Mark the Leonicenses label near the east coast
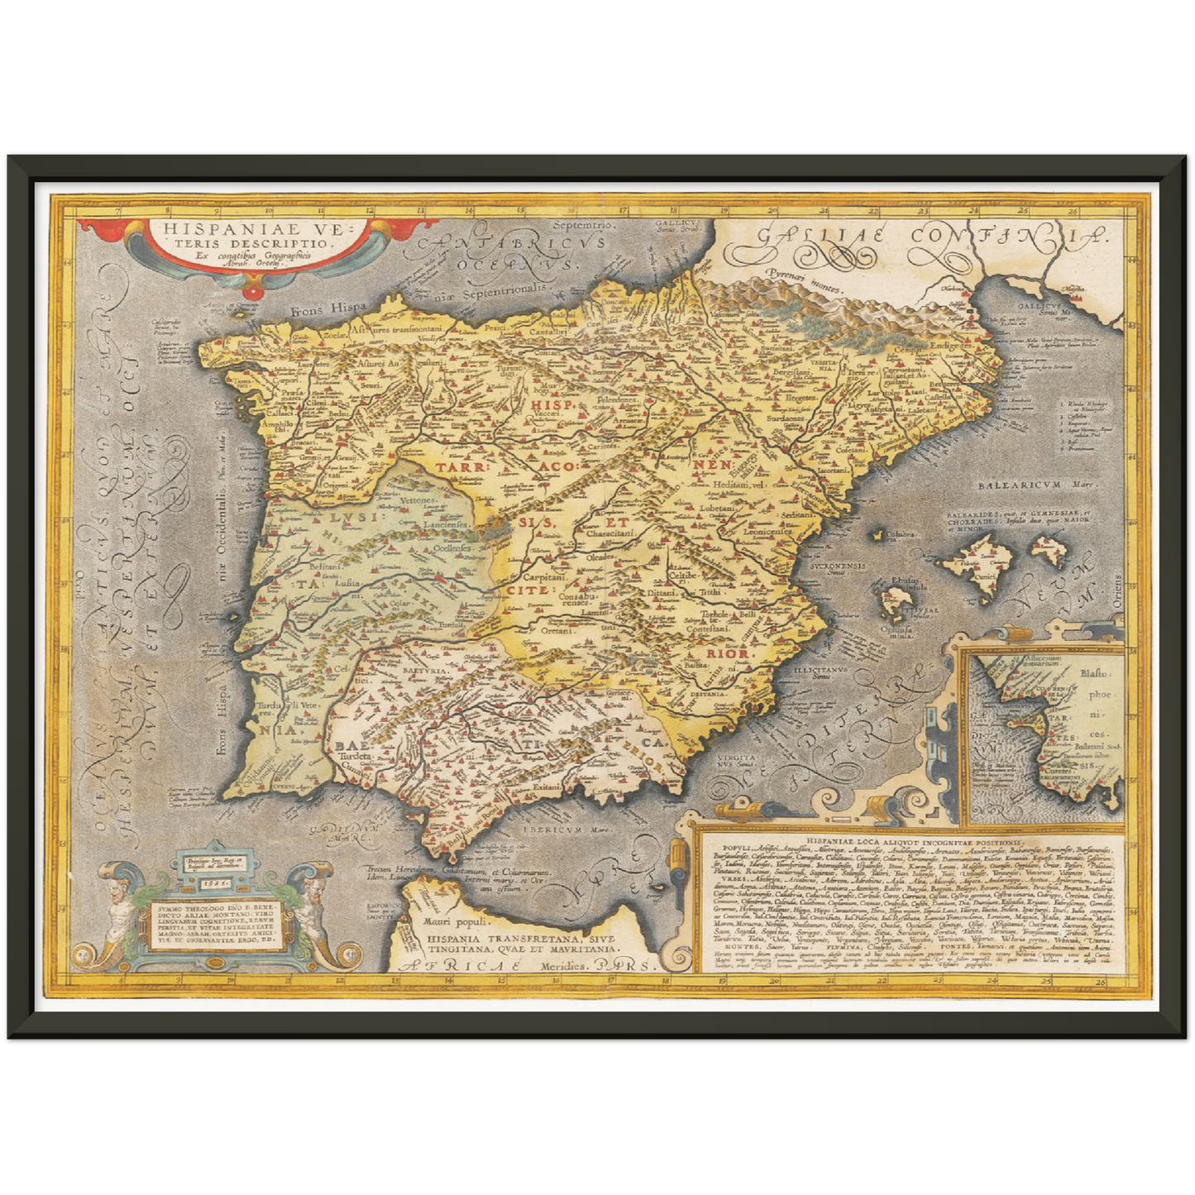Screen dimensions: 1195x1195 768,533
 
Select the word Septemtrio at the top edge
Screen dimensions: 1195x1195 584,225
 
